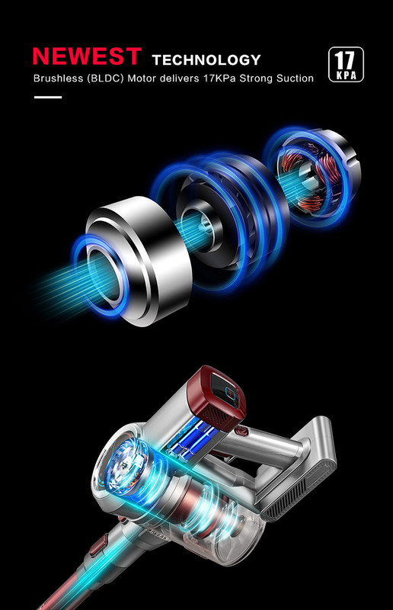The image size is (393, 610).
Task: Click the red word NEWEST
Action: tap(87, 56)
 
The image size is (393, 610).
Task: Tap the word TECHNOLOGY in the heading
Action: tap(206, 60)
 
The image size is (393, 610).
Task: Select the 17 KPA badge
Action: tap(346, 65)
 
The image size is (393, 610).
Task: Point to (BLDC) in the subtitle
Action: tap(105, 79)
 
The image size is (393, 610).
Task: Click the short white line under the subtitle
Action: tap(48, 98)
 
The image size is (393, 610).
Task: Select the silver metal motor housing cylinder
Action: tap(139, 261)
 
